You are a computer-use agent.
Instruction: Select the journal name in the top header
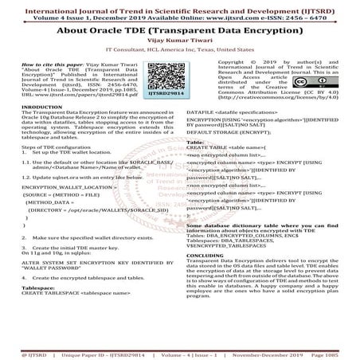(179, 7)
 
